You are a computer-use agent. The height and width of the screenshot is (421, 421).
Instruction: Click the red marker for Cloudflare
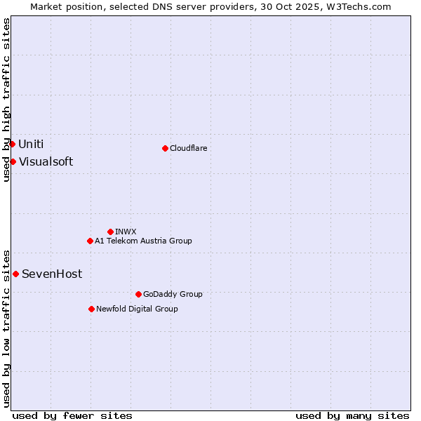tap(165, 148)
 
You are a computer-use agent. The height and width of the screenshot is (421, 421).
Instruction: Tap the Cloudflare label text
tap(188, 148)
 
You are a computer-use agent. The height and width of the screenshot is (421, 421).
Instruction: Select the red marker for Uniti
tap(12, 144)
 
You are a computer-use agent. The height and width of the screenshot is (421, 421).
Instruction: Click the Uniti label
tap(31, 145)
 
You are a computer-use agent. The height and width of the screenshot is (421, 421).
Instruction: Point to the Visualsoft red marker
tap(13, 161)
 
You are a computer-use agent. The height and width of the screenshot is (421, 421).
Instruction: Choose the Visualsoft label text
tap(46, 162)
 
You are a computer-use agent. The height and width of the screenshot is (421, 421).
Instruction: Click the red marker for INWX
tap(110, 232)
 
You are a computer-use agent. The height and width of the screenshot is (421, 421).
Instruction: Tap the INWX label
tap(126, 232)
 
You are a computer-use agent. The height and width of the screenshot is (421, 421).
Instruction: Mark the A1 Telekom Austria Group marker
tap(90, 241)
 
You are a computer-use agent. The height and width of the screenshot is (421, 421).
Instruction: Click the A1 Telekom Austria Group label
tap(143, 241)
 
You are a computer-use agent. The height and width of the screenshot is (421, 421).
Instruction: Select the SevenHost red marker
tap(15, 274)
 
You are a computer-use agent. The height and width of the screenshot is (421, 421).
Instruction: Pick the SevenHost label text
tap(52, 274)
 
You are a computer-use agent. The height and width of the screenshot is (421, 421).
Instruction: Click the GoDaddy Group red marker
tap(138, 294)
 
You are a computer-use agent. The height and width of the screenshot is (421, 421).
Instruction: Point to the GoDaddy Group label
tap(173, 294)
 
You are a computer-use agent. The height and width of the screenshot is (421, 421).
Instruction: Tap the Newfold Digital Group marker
tap(91, 309)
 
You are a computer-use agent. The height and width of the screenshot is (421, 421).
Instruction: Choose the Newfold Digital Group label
tap(137, 309)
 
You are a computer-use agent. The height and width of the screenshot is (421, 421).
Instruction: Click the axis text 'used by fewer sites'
tap(72, 415)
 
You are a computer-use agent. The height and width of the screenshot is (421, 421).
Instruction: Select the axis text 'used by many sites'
tap(352, 415)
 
